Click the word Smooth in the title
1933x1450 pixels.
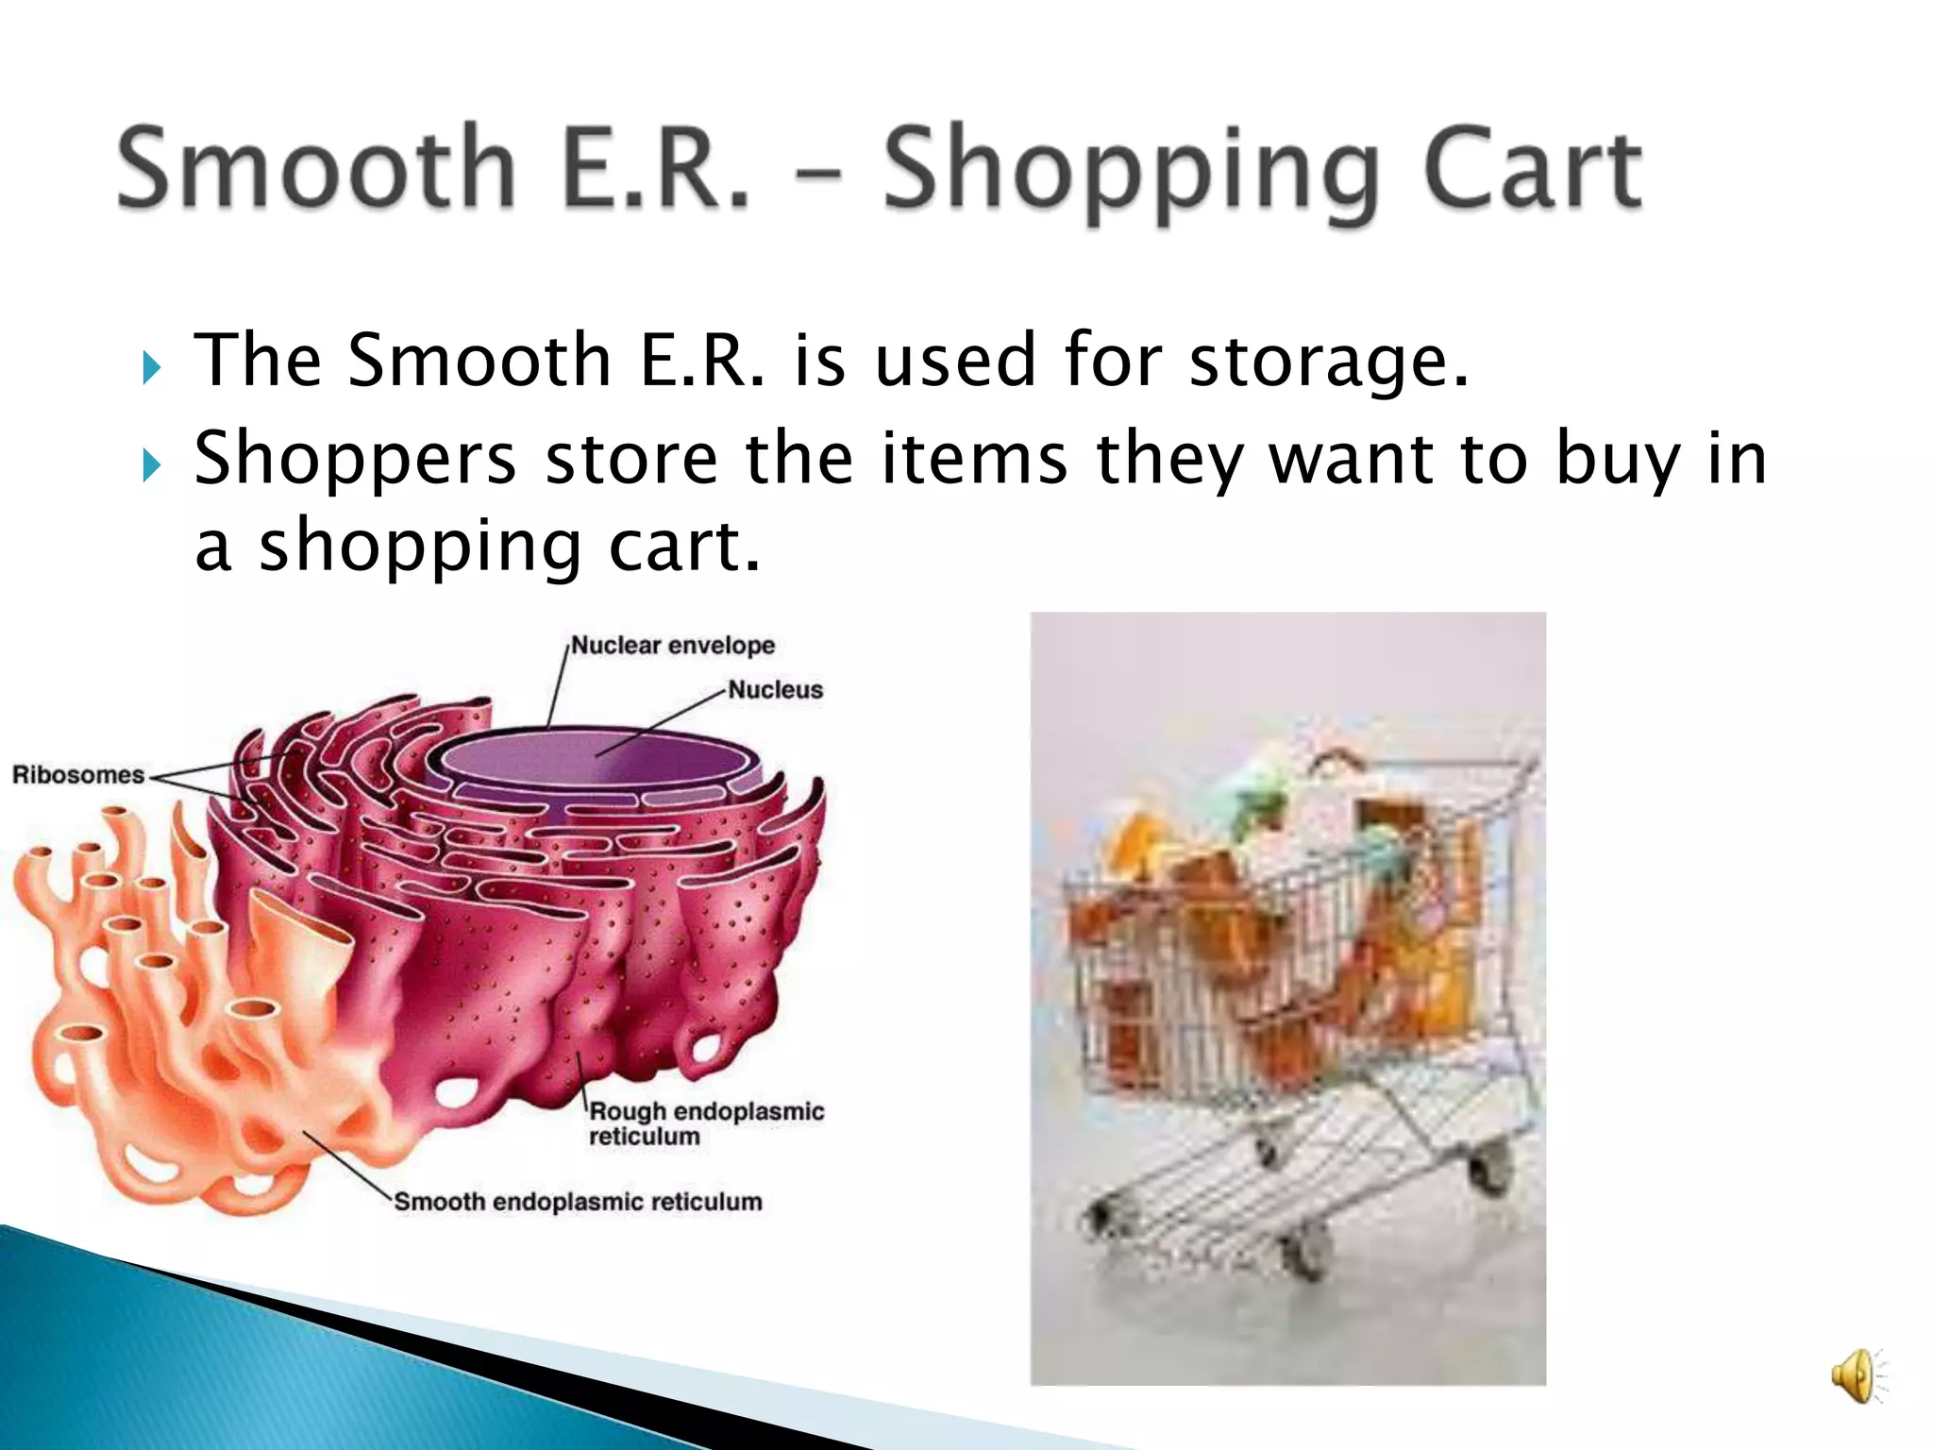pos(316,168)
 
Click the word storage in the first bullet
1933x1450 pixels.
pos(1327,362)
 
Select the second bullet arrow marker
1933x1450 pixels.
pos(152,464)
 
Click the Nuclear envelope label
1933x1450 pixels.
pos(673,646)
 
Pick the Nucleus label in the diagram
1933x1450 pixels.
pos(775,690)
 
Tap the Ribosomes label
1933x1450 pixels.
pos(77,775)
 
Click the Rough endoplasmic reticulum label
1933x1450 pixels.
pos(705,1123)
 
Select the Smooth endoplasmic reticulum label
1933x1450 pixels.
pos(578,1202)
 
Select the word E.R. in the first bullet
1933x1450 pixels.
pos(702,362)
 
